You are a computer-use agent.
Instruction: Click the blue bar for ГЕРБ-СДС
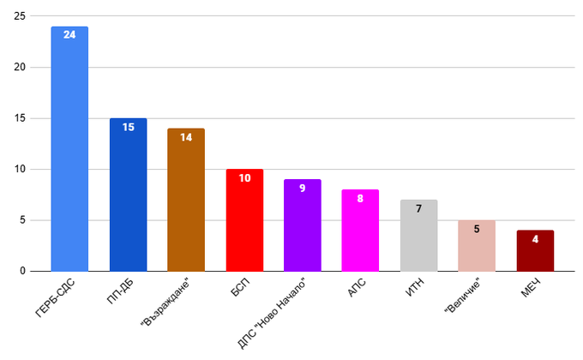pos(69,154)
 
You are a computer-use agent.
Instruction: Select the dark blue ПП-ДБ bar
pos(128,197)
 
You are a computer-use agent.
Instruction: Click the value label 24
pos(69,35)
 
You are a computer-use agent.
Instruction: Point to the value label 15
pos(128,127)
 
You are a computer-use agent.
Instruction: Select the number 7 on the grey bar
pos(418,208)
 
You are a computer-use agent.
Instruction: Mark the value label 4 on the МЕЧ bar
pos(535,238)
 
